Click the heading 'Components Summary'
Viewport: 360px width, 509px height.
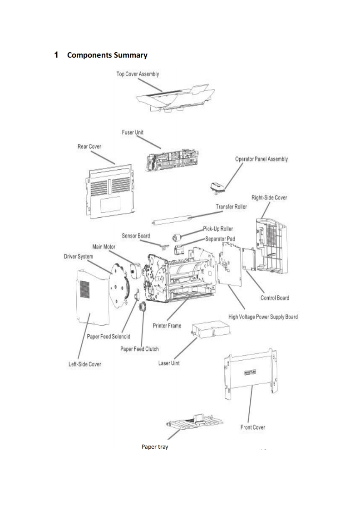tap(107, 55)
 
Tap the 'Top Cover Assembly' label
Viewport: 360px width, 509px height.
tap(138, 74)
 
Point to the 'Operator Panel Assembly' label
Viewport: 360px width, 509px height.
tap(261, 159)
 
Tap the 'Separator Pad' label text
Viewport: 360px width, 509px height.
tap(220, 238)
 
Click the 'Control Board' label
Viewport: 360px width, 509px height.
tap(275, 298)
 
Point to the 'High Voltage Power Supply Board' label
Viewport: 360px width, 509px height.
tap(262, 317)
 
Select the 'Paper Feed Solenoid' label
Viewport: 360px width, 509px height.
tap(108, 336)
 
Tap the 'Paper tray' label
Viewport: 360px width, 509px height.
tap(155, 447)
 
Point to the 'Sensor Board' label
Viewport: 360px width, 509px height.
tap(136, 236)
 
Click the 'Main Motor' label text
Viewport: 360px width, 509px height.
tap(104, 247)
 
